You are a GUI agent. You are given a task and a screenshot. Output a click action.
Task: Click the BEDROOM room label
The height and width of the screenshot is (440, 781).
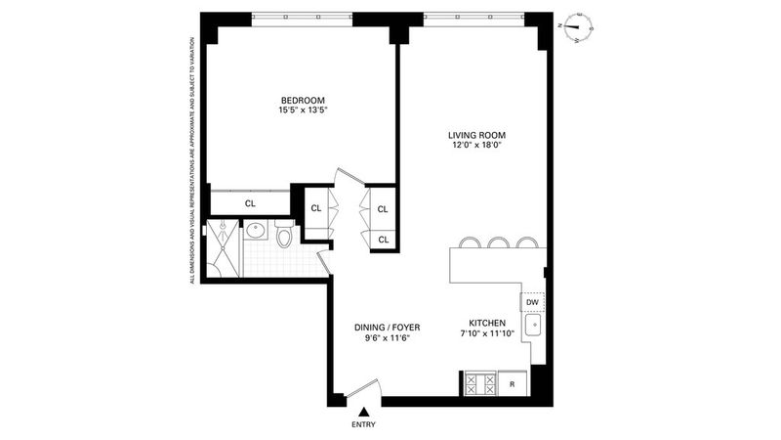303,101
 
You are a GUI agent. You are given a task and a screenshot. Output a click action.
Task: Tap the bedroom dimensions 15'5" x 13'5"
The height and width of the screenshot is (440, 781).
303,110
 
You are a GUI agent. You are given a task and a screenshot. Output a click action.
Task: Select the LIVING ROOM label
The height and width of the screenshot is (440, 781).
476,135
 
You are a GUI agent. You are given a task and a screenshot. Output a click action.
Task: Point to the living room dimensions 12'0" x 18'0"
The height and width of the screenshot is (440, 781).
476,145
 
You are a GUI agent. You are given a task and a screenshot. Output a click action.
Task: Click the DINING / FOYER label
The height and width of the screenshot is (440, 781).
387,328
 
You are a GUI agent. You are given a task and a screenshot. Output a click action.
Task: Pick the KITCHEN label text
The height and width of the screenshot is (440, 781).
487,324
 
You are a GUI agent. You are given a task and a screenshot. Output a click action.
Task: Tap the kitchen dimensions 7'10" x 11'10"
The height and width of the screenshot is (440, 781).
487,333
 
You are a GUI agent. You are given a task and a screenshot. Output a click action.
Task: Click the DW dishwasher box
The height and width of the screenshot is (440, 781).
532,302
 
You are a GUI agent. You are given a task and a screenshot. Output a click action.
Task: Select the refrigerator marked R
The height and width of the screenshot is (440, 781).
512,384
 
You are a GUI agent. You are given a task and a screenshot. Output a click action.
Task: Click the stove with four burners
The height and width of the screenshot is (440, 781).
480,383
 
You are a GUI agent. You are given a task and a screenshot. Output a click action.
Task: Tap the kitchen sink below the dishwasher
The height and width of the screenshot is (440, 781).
533,327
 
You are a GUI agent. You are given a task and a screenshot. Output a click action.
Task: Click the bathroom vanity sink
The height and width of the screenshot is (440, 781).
256,231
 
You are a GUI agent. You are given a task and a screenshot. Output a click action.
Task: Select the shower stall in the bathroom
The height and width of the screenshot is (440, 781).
223,248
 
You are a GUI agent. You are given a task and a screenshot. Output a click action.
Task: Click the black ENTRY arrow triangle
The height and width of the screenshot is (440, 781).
364,412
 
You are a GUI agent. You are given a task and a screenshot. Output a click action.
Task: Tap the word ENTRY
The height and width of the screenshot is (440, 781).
363,425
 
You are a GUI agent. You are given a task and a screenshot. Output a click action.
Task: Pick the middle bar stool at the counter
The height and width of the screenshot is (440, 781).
498,242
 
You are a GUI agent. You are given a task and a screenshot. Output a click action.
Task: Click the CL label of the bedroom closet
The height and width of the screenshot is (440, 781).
250,203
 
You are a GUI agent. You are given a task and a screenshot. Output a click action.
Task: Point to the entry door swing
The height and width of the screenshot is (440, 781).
363,387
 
